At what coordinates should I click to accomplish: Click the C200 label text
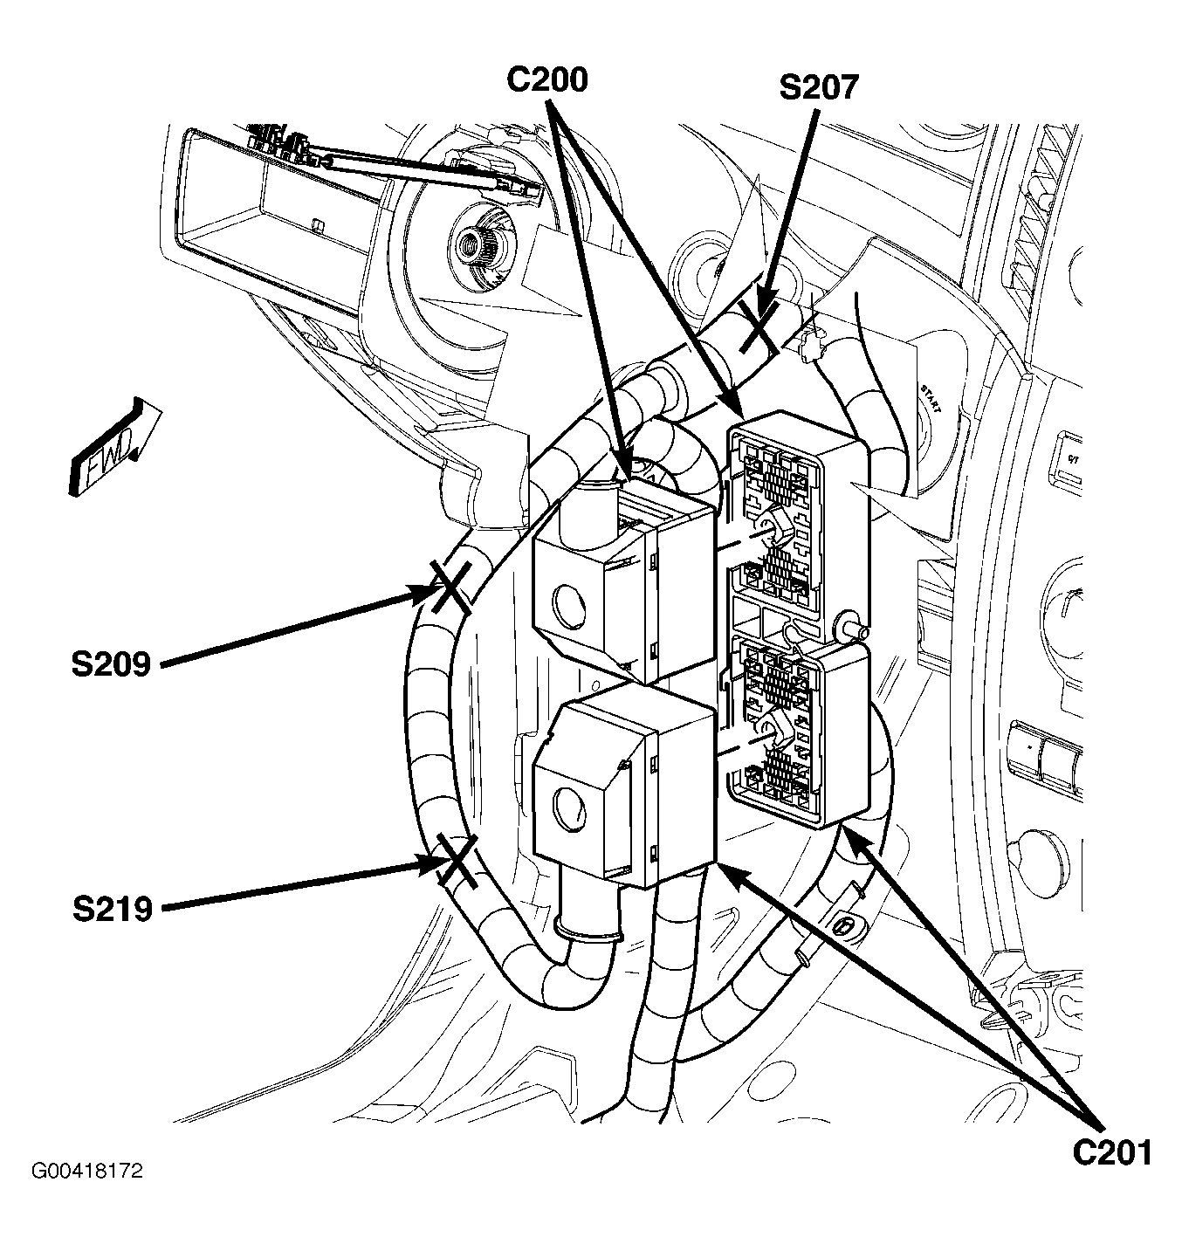pos(547,79)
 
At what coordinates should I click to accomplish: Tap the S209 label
pos(112,664)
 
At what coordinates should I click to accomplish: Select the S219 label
pos(113,909)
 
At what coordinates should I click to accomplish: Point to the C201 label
pos(1112,1153)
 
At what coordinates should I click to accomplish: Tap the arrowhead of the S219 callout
pos(433,864)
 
